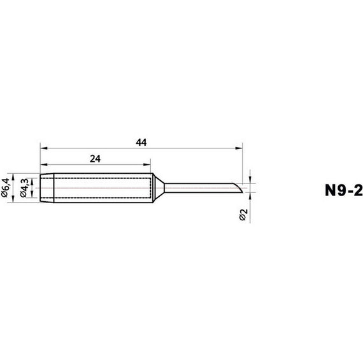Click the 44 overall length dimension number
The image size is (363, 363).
(141, 143)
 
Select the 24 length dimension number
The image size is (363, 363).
(96, 159)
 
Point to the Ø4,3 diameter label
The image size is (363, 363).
(25, 189)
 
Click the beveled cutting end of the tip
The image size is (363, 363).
(237, 188)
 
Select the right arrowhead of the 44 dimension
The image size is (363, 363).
(242, 148)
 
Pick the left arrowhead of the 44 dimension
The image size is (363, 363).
(43, 148)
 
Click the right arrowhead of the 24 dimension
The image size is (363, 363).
(150, 164)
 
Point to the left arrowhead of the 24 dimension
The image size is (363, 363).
(43, 164)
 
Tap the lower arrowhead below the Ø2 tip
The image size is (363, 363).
(251, 196)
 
